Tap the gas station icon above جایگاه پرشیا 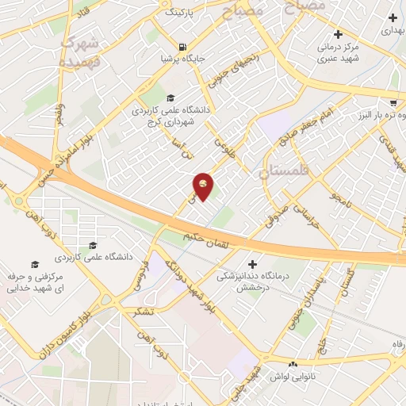[x=183, y=47]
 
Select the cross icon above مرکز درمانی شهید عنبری [x=339, y=34]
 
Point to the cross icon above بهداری [x=393, y=17]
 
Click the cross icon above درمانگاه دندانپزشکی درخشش [x=253, y=263]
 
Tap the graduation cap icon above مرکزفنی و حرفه [x=34, y=263]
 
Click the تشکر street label [x=144, y=311]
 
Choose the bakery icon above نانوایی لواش [x=293, y=364]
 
